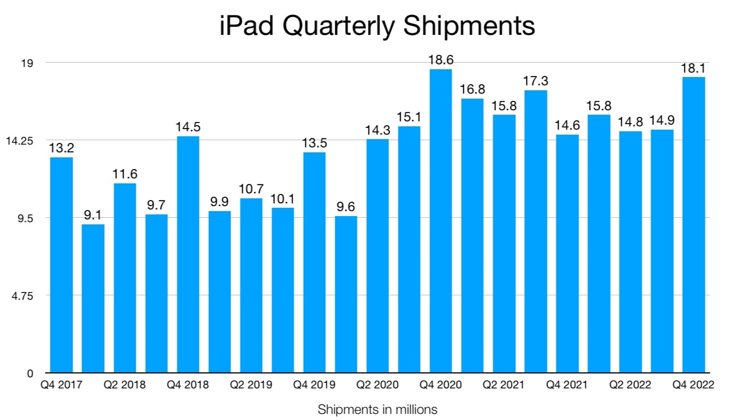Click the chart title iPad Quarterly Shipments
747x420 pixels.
[x=377, y=26]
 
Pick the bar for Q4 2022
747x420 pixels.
[x=694, y=224]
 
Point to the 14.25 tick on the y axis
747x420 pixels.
[x=19, y=141]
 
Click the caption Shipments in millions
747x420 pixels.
[x=377, y=410]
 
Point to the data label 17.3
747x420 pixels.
[x=535, y=81]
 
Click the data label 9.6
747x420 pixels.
[x=346, y=207]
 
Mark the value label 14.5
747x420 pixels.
[x=188, y=127]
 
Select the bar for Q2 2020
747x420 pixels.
[x=377, y=255]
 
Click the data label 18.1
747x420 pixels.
[x=694, y=68]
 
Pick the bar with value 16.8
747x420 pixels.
[x=472, y=235]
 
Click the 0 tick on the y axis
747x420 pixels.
[x=30, y=373]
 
